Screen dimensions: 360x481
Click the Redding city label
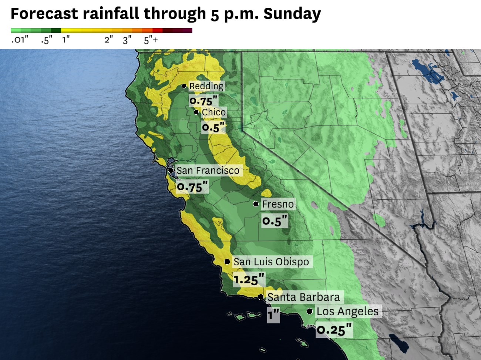pos(206,86)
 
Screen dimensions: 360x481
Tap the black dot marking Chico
pos(196,112)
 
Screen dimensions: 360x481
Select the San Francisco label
pos(208,171)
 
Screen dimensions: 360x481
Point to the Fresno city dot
pos(256,204)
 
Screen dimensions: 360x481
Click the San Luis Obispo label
pos(271,262)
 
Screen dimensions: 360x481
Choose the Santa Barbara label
pos(303,297)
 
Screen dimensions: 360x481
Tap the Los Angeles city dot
pos(309,311)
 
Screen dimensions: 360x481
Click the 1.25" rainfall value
pos(249,279)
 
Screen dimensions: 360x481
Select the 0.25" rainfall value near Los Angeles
pos(334,329)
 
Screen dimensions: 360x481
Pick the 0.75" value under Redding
pos(203,101)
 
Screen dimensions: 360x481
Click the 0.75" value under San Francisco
pos(192,186)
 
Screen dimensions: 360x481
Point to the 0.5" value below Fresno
pos(275,221)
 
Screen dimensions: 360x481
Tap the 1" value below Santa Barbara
pos(273,315)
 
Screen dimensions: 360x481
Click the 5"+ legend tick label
pos(151,40)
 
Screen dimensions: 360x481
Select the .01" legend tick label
pos(19,40)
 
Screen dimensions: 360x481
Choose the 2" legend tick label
pos(108,40)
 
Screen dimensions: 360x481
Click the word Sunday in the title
pos(292,14)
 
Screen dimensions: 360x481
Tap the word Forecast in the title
pos(44,14)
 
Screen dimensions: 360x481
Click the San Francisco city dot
pos(171,170)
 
